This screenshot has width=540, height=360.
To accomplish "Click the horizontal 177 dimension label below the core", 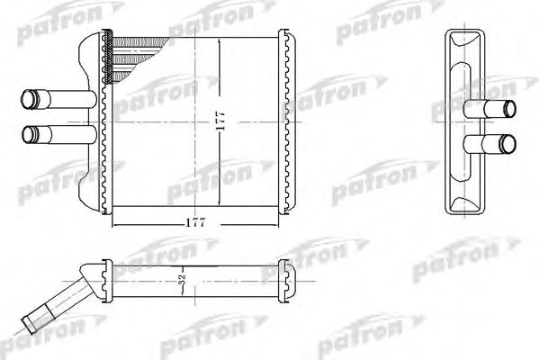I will click(194, 221).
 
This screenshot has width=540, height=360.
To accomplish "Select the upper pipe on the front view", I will click(54, 97).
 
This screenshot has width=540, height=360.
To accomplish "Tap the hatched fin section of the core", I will click(135, 54).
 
